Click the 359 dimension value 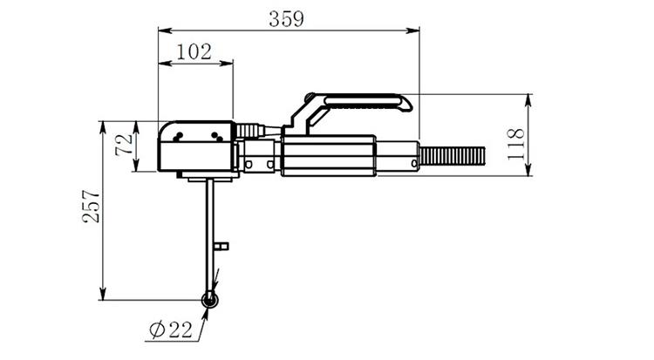pos(287,19)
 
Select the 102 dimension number pos(194,51)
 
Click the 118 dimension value pos(515,136)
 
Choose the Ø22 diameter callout pos(171,330)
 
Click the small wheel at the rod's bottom pos(209,300)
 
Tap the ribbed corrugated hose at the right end pos(452,157)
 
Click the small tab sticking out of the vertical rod pos(221,246)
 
